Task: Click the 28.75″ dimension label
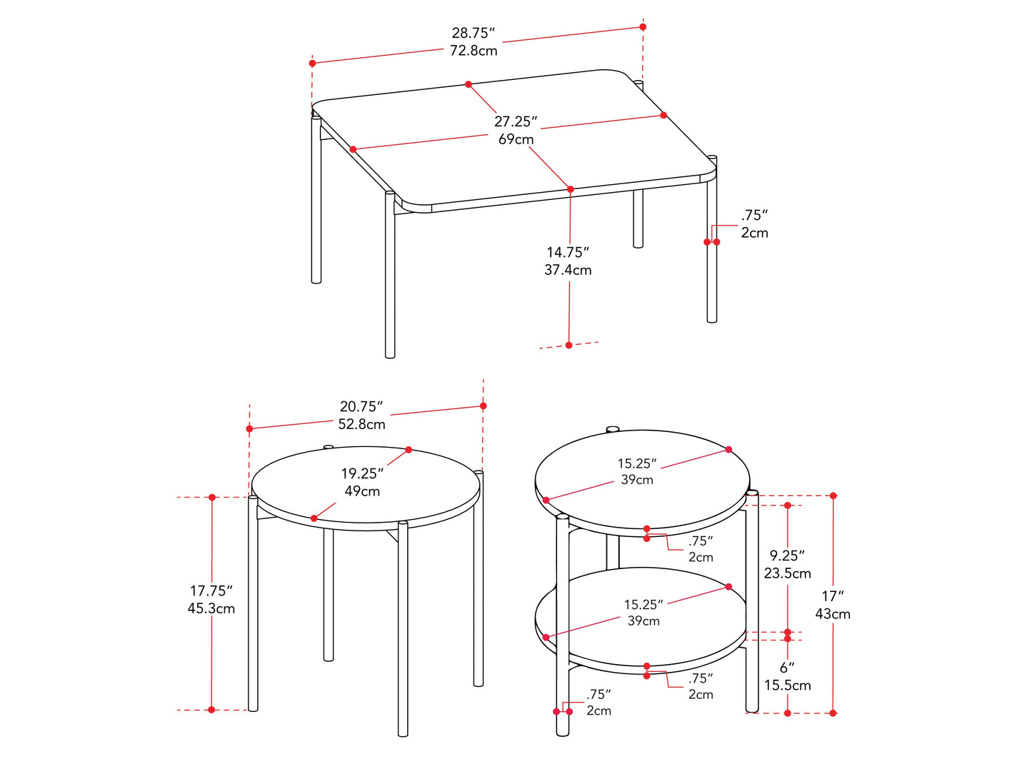pyautogui.click(x=473, y=33)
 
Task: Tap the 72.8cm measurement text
pyautogui.click(x=474, y=51)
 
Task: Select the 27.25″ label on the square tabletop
pyautogui.click(x=516, y=121)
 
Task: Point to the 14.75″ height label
pyautogui.click(x=568, y=252)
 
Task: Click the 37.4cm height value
pyautogui.click(x=568, y=270)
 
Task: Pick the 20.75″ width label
pyautogui.click(x=361, y=406)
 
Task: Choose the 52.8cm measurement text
pyautogui.click(x=361, y=424)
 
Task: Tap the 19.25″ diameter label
pyautogui.click(x=362, y=473)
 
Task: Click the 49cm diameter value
pyautogui.click(x=362, y=491)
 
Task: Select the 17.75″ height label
pyautogui.click(x=211, y=590)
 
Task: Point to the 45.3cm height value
pyautogui.click(x=211, y=608)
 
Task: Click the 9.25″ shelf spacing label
pyautogui.click(x=787, y=556)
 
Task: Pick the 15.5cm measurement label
pyautogui.click(x=788, y=685)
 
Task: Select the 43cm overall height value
pyautogui.click(x=833, y=614)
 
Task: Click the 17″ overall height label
pyautogui.click(x=833, y=596)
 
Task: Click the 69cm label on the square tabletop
pyautogui.click(x=516, y=139)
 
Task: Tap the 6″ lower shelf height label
pyautogui.click(x=787, y=668)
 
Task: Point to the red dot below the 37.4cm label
pyautogui.click(x=569, y=346)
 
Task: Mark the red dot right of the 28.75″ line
pyautogui.click(x=643, y=27)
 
